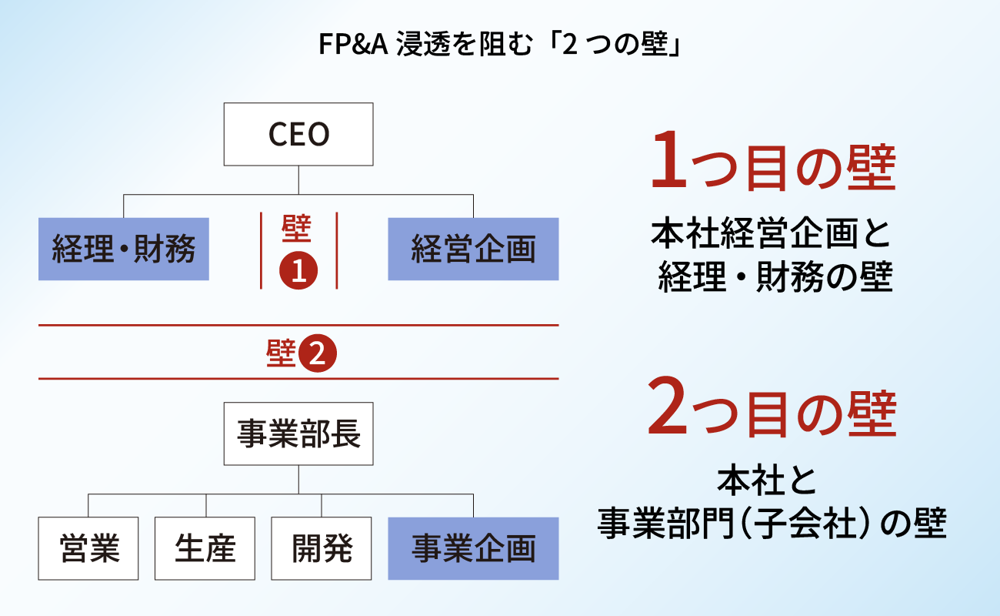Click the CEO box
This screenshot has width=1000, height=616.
tap(298, 135)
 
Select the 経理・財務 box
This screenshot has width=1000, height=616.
tap(124, 249)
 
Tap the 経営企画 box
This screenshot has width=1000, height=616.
tap(473, 249)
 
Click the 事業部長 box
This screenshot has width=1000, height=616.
tap(298, 434)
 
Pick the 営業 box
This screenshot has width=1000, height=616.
tap(88, 548)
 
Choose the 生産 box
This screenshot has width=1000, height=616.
tap(205, 548)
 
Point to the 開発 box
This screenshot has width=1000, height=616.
tap(322, 548)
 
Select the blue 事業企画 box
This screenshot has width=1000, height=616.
tap(473, 548)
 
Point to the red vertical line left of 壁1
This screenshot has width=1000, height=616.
tap(261, 250)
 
